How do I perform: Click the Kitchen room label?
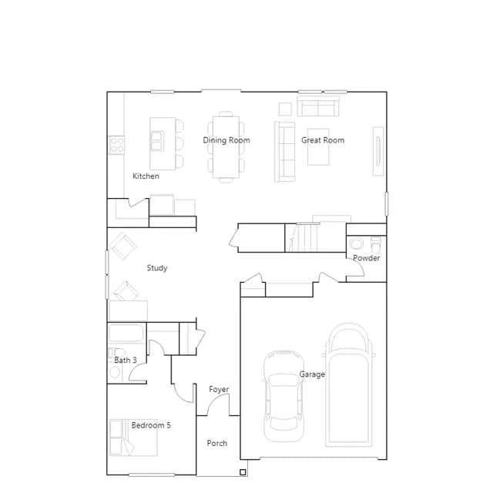tap(146, 176)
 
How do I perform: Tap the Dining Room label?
tap(226, 140)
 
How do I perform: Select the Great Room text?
tap(323, 140)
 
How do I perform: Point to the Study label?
tap(157, 268)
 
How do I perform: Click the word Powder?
tap(367, 258)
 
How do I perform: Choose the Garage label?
tap(312, 374)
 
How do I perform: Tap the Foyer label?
tap(219, 390)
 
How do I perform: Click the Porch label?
tap(217, 444)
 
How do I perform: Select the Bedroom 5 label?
tap(151, 425)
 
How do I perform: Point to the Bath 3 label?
tap(126, 361)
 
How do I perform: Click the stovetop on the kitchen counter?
tap(116, 146)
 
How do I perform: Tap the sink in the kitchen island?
tap(157, 141)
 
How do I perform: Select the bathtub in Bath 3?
tap(126, 333)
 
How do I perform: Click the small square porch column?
tap(243, 472)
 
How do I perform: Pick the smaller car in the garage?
tap(284, 396)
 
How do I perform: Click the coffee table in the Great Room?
tap(318, 147)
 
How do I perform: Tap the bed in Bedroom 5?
tap(133, 438)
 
